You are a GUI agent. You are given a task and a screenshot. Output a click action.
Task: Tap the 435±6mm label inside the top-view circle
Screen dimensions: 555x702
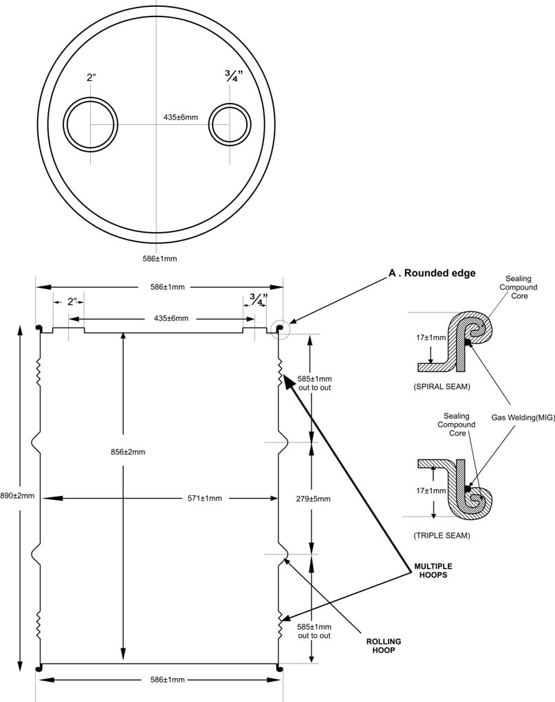(180, 117)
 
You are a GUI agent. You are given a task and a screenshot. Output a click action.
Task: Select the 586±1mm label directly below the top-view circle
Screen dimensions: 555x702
(160, 259)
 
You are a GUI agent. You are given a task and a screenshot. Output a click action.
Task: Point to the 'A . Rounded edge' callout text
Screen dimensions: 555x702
(432, 273)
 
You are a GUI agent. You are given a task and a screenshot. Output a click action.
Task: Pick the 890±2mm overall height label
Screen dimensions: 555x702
(17, 496)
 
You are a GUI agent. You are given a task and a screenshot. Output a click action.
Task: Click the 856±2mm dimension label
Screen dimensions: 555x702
(128, 452)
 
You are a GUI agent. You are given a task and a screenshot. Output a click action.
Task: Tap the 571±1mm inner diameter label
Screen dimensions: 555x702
(204, 498)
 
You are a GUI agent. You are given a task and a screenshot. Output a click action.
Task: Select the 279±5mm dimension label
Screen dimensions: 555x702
(314, 499)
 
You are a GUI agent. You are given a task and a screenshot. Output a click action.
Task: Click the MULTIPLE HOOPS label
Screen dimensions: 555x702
(433, 570)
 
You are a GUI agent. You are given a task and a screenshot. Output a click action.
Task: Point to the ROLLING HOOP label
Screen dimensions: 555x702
(384, 646)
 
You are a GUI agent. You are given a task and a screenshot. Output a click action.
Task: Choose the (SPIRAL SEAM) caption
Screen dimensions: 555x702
(442, 387)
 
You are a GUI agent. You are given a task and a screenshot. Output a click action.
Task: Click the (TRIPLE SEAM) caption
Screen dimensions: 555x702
(442, 536)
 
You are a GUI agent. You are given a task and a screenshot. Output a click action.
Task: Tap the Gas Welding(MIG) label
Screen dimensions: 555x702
(523, 418)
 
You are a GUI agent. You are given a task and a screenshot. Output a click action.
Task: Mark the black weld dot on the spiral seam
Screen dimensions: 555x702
(468, 342)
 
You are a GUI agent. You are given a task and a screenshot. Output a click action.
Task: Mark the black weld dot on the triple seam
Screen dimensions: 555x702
(468, 488)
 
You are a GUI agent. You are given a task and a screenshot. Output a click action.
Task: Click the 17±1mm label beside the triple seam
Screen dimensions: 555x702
(431, 490)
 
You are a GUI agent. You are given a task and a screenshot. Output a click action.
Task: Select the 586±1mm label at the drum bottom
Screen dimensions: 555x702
(167, 679)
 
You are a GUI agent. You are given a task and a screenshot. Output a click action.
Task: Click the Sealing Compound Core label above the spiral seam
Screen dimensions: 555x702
(519, 287)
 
